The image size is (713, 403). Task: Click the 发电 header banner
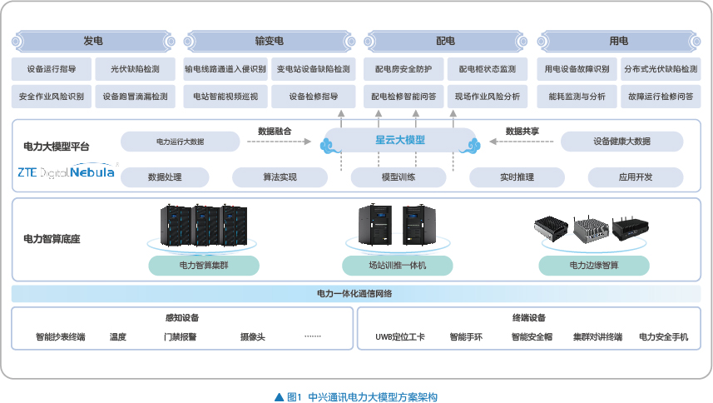pos(93,42)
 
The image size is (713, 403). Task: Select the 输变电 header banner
pos(270,42)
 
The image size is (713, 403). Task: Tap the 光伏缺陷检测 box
pos(135,69)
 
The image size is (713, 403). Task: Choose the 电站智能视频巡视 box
pos(225,97)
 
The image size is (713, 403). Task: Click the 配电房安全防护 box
pos(404,69)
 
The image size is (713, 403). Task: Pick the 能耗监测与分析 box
pos(577,97)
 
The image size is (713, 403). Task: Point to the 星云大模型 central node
pos(400,140)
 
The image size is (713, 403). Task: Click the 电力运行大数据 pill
pos(180,142)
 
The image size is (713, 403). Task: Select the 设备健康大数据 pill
pos(621,142)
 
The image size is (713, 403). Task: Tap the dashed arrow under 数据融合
pos(279,142)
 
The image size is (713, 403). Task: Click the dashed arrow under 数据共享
pos(522,142)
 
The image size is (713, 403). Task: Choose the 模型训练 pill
pos(399,177)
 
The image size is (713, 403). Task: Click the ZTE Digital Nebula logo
pos(67,172)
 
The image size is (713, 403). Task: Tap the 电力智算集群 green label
pos(204,265)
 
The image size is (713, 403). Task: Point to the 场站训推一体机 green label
pos(398,265)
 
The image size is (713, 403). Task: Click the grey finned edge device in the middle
pos(592,227)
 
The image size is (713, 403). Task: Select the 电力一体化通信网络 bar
pos(356,294)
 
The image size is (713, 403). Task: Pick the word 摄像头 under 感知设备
pos(252,337)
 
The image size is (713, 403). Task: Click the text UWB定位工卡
pos(399,337)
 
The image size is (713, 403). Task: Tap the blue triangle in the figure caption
pos(280,397)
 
